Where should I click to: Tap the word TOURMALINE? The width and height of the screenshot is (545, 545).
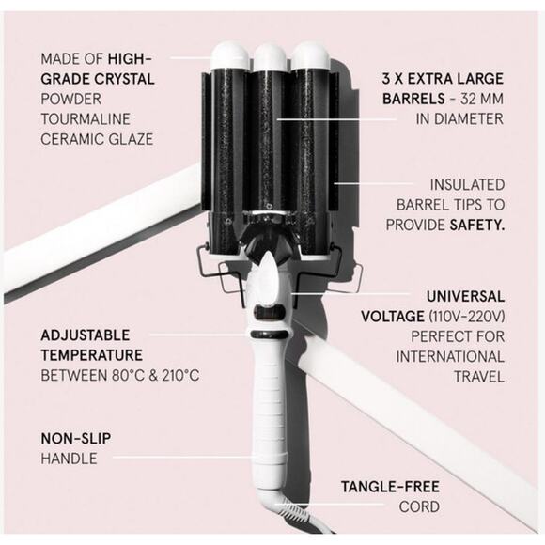(86, 119)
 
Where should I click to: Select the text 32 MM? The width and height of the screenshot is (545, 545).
(482, 99)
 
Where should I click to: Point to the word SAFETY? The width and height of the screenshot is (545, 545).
(477, 226)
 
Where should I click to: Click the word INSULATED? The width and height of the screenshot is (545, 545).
(468, 185)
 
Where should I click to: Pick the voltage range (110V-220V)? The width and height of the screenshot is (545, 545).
(466, 317)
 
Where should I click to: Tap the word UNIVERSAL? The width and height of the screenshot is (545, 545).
(466, 297)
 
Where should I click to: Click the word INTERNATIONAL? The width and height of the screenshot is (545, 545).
(450, 357)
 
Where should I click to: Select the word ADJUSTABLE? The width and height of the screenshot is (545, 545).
(86, 335)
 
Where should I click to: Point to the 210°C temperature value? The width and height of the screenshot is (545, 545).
(180, 375)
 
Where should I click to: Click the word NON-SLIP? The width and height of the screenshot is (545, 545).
(76, 438)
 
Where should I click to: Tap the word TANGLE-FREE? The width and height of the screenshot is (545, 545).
(390, 487)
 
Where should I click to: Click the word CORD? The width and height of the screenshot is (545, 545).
(419, 506)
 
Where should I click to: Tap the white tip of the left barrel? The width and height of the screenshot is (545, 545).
(230, 55)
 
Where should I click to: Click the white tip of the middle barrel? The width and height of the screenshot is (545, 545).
(270, 56)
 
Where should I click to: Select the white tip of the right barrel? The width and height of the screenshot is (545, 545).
(310, 55)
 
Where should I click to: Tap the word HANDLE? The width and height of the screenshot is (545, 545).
(69, 459)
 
